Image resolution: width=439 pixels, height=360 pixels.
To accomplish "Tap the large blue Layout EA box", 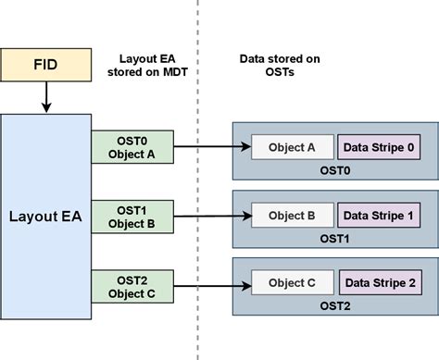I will [x=46, y=217].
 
